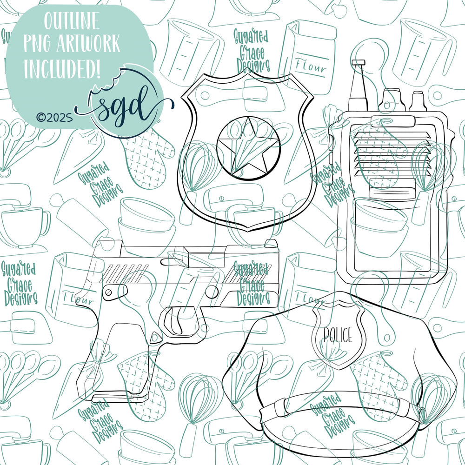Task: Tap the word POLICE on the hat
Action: pyautogui.click(x=338, y=334)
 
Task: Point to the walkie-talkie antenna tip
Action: pyautogui.click(x=358, y=62)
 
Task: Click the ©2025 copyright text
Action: pyautogui.click(x=54, y=118)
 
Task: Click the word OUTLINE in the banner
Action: pyautogui.click(x=72, y=21)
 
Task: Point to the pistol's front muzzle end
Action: pyautogui.click(x=278, y=273)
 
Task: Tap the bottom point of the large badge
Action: pyautogui.click(x=248, y=231)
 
